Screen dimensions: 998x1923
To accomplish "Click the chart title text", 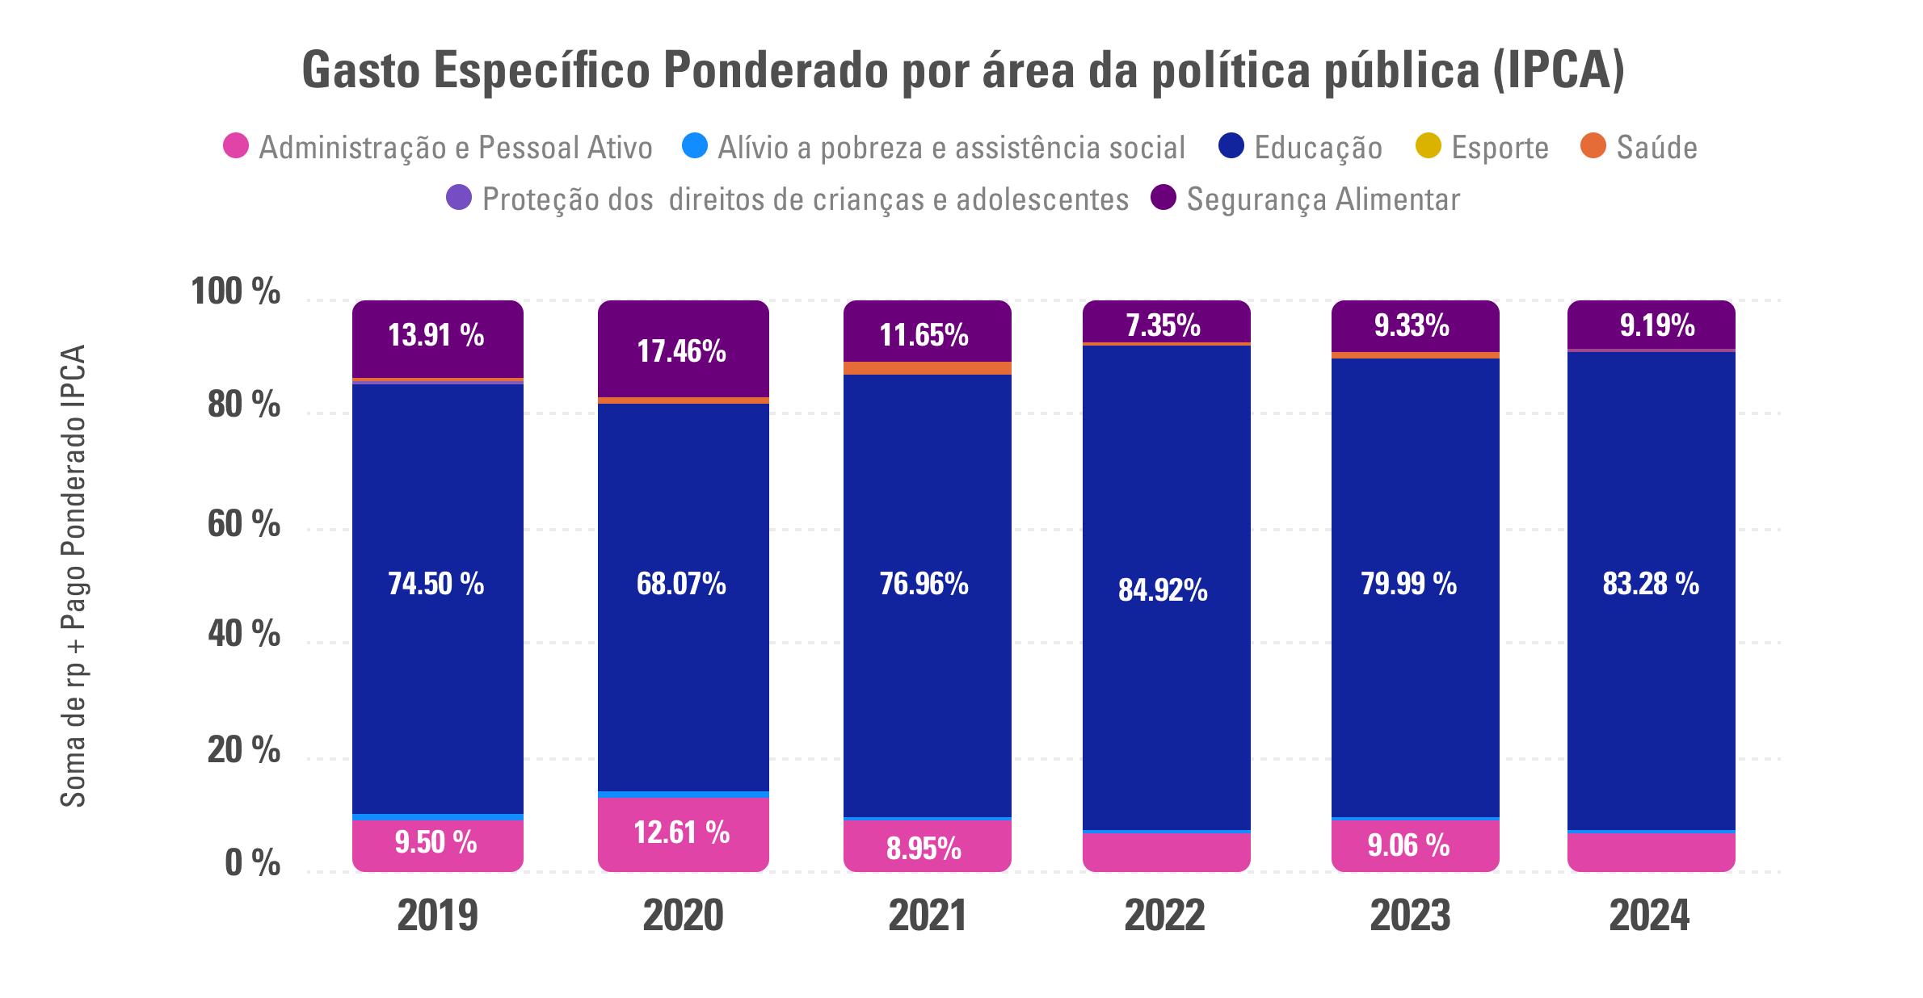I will (x=962, y=71).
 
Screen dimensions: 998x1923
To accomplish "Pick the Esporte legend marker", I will (x=1429, y=147).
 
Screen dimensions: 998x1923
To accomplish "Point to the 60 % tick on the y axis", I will (x=243, y=524).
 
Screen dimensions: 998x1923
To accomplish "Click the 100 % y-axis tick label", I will (x=235, y=291).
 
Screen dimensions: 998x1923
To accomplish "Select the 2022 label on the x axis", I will (x=1164, y=916).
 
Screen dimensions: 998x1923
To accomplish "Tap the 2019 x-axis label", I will (x=438, y=916).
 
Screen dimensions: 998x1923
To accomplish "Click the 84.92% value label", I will (x=1163, y=590).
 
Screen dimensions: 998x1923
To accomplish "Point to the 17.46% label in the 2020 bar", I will (x=681, y=351).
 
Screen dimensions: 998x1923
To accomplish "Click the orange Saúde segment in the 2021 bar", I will (x=927, y=368).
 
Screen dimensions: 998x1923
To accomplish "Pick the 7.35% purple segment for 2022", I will (x=1166, y=322).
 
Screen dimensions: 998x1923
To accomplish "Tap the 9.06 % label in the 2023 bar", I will (x=1408, y=845).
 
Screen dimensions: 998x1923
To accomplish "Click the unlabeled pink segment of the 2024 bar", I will (x=1651, y=851).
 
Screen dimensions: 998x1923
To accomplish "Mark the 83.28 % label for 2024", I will (x=1651, y=584).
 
